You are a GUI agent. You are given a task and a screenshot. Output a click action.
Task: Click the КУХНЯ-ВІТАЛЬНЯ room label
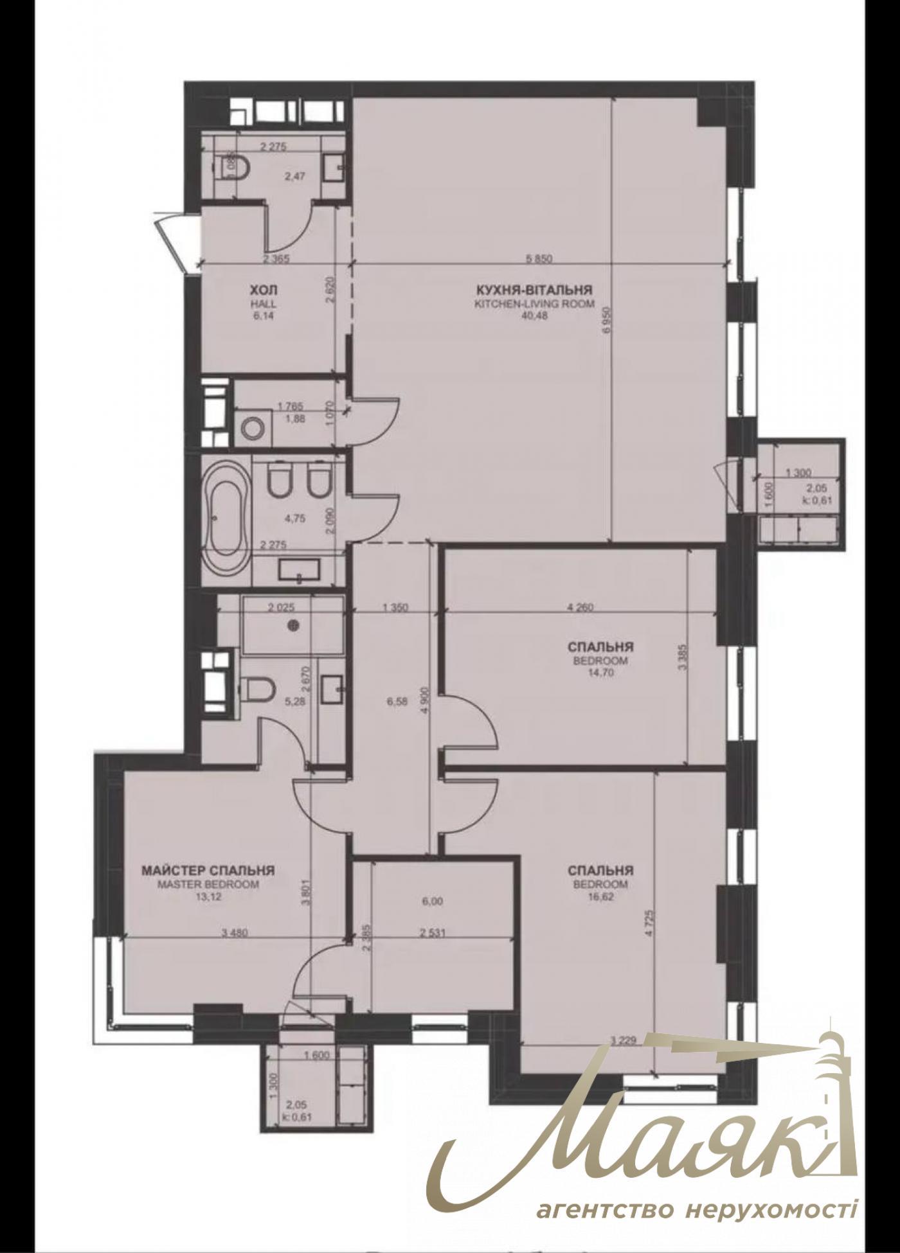point(534,289)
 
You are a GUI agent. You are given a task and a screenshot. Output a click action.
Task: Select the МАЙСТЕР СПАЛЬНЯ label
point(208,871)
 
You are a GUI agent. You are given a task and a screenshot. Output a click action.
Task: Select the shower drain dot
point(294,623)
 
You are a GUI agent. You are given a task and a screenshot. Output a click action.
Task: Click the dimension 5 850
point(539,260)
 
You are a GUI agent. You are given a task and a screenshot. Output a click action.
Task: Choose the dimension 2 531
point(430,933)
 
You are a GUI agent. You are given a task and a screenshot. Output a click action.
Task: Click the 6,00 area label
point(433,902)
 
